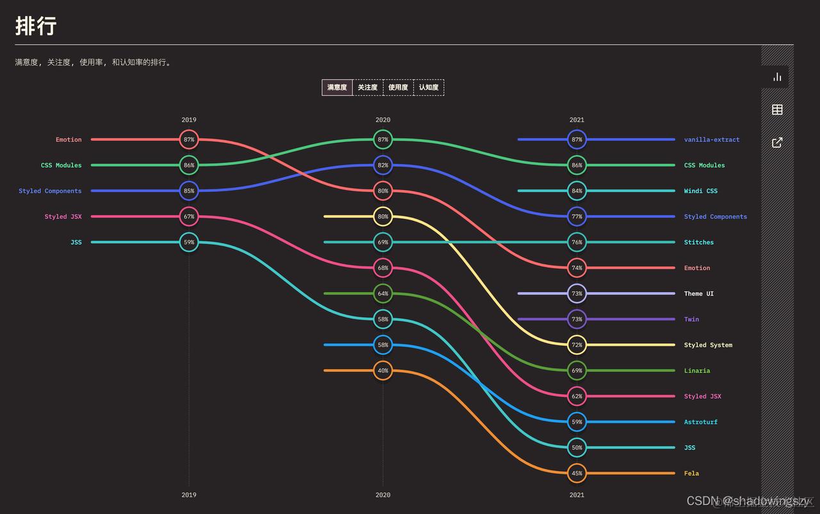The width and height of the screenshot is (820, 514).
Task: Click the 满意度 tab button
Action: pos(337,88)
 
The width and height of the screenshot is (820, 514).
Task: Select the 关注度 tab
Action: pos(368,88)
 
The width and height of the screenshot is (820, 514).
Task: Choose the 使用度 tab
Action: pos(398,88)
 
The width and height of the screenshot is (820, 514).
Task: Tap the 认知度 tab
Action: pos(429,88)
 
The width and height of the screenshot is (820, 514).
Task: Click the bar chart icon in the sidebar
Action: pos(777,77)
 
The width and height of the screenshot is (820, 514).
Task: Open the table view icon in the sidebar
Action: pos(777,109)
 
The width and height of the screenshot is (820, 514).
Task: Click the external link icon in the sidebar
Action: pos(777,142)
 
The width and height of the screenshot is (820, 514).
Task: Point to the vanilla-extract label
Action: pos(711,140)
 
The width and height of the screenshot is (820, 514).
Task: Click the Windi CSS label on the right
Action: pos(700,191)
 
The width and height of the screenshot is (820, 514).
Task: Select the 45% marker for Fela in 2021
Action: pos(577,473)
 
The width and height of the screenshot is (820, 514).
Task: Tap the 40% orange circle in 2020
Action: pos(382,371)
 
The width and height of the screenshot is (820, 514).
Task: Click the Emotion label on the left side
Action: pos(69,140)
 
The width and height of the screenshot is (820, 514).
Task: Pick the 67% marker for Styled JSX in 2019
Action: pos(189,216)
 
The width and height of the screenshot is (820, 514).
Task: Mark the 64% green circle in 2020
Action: pos(382,294)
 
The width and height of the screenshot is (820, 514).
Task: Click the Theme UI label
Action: pos(698,294)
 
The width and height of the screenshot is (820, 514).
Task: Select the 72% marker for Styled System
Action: pos(577,345)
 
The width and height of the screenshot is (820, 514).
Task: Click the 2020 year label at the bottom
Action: pos(382,495)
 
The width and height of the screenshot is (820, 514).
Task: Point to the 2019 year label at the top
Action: pos(189,120)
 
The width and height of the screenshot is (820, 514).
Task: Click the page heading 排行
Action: pos(36,26)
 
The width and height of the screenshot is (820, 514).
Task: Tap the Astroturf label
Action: pos(700,422)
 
